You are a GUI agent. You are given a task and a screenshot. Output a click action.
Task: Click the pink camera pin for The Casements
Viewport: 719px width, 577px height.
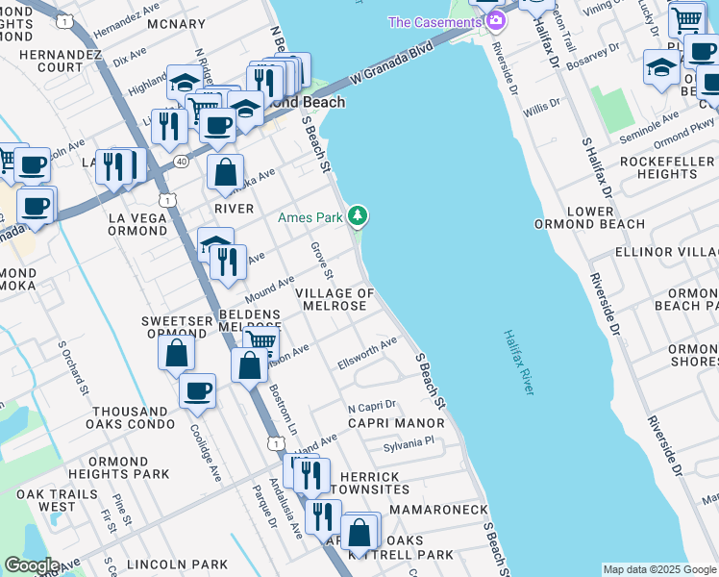pos(496,20)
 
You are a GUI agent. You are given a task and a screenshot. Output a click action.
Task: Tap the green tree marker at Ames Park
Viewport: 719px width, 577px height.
pos(358,216)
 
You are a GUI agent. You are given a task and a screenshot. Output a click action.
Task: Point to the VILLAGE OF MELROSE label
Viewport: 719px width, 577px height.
pos(334,299)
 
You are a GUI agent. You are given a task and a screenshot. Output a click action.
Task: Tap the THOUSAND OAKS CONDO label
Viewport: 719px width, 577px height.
pos(129,416)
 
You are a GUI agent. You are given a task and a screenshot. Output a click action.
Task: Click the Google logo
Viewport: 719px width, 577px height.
pos(31,565)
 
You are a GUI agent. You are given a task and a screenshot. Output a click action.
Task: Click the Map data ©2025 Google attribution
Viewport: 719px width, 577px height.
pos(659,569)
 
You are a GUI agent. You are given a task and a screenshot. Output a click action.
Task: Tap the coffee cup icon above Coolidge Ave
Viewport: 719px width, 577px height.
pos(197,390)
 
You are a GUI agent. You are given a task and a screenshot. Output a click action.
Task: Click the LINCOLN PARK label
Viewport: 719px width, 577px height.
pos(183,564)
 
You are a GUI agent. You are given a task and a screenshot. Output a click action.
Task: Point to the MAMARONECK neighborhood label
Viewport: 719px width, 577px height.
pos(431,507)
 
